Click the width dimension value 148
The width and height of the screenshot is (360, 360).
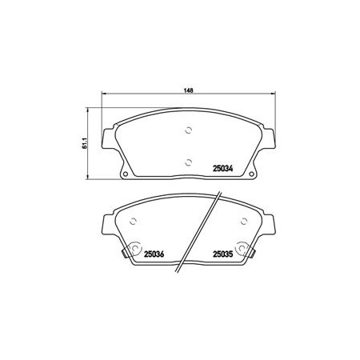[188, 90]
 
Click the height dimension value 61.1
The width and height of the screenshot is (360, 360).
[85, 143]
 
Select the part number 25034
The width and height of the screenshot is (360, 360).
[223, 169]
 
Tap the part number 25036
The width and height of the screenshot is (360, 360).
[154, 254]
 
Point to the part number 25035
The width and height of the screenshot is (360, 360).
[223, 254]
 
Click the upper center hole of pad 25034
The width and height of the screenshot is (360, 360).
[189, 130]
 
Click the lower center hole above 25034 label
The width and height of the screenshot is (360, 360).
[189, 162]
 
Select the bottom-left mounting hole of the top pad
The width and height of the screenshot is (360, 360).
[125, 174]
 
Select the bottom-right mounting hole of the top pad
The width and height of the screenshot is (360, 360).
[251, 174]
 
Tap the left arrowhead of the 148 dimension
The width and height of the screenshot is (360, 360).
[104, 94]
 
